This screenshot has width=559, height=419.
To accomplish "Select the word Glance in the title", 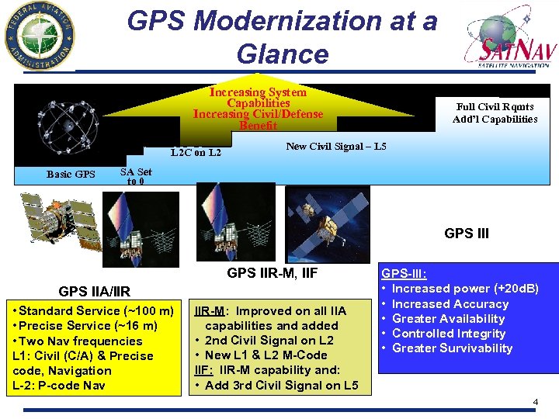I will [x=283, y=54].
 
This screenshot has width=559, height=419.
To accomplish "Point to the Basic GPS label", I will [x=71, y=174].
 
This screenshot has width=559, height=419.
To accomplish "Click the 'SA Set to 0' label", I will [x=136, y=176].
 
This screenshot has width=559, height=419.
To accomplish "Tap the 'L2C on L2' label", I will [x=196, y=153].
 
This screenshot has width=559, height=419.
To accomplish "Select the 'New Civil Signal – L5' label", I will [x=335, y=146].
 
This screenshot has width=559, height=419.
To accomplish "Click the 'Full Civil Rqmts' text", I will [x=495, y=107].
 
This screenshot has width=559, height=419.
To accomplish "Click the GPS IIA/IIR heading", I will [x=94, y=292].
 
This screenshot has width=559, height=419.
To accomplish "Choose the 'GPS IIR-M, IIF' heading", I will [x=273, y=272].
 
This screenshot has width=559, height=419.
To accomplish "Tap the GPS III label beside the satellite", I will [x=467, y=233].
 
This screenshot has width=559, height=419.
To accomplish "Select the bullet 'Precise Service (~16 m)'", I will [x=85, y=326].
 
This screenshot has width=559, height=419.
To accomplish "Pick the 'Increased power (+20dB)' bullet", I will [x=464, y=289].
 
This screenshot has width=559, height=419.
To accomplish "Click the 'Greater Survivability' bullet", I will [x=452, y=348].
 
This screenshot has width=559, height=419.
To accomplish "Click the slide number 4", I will [x=535, y=401].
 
